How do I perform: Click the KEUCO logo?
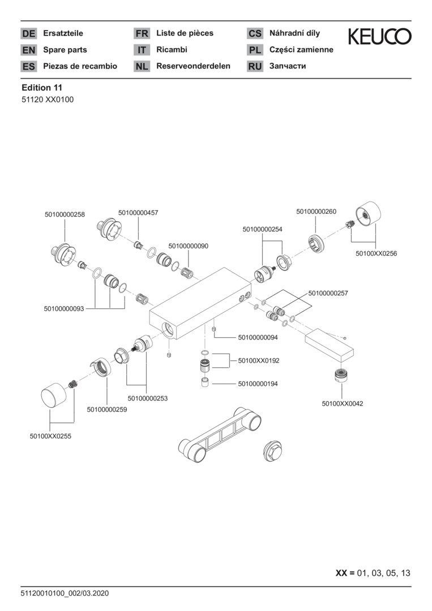click(379, 37)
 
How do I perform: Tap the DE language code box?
click(29, 33)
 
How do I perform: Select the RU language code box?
click(255, 66)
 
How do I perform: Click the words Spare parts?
click(65, 50)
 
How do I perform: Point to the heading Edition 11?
click(42, 88)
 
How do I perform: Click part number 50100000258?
click(65, 214)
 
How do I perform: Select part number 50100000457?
click(138, 213)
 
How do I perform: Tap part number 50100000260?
click(316, 212)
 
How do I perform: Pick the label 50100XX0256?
click(376, 253)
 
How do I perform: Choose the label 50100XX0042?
click(342, 403)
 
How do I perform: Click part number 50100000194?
click(258, 384)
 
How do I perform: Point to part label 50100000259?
click(107, 409)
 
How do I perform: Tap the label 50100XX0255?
click(50, 436)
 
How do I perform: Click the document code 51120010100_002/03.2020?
click(65, 593)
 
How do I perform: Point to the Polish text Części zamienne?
click(301, 50)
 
